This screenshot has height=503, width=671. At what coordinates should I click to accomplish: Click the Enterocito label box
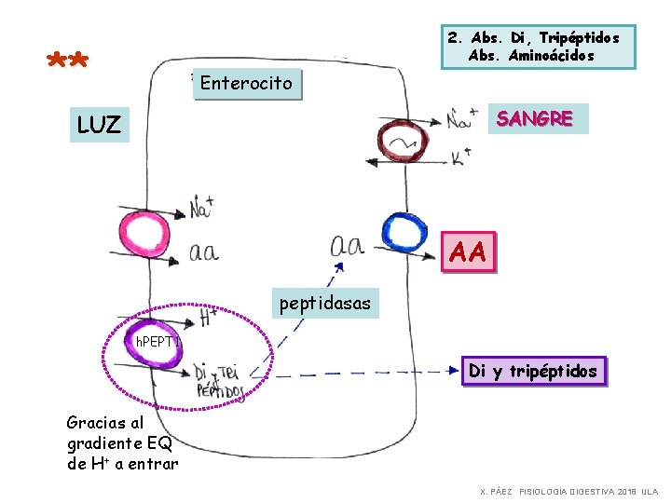pyautogui.click(x=246, y=84)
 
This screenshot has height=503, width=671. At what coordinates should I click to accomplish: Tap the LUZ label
pyautogui.click(x=100, y=125)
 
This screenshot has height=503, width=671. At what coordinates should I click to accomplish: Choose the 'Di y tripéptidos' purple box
pyautogui.click(x=533, y=372)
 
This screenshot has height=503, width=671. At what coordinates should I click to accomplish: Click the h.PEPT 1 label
pyautogui.click(x=157, y=342)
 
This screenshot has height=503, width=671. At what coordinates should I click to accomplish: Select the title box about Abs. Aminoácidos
pyautogui.click(x=532, y=47)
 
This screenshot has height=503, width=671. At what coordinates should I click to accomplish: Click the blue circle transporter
pyautogui.click(x=404, y=233)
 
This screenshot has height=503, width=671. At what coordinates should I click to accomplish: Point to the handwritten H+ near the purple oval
pyautogui.click(x=210, y=318)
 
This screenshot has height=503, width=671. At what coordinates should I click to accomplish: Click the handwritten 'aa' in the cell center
pyautogui.click(x=347, y=246)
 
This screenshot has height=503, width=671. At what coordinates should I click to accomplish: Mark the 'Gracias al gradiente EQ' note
pyautogui.click(x=121, y=442)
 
